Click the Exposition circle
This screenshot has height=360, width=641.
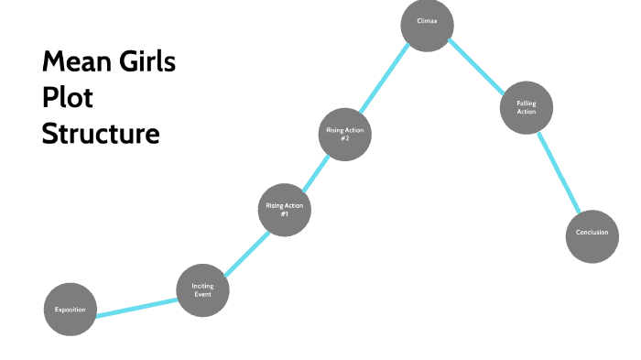tap(70, 310)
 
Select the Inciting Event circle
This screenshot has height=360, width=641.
tap(202, 290)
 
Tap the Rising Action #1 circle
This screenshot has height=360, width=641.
tap(284, 210)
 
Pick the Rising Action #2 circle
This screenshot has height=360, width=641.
tap(345, 134)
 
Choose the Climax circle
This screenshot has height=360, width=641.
tap(427, 24)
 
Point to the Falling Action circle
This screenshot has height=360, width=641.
tap(526, 108)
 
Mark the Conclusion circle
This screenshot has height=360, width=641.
tap(592, 234)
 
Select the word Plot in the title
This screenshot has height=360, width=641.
tap(68, 99)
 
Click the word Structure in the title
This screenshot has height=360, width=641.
tap(101, 134)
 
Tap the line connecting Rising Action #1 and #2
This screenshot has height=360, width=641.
tap(315, 171)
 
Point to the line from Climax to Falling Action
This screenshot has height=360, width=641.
tap(477, 67)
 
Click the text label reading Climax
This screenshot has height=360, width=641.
tap(427, 20)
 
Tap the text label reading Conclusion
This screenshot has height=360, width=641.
tap(592, 233)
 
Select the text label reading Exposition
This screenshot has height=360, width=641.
tap(70, 310)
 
